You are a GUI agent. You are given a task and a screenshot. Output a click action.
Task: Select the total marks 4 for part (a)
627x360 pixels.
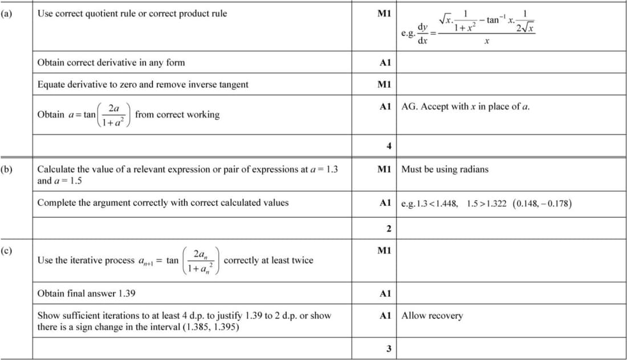click(389, 146)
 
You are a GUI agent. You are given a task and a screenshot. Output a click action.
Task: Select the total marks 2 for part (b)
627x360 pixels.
click(389, 228)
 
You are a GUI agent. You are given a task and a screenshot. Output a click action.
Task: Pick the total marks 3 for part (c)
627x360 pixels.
click(389, 349)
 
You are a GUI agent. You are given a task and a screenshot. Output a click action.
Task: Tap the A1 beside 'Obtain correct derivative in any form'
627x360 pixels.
click(385, 63)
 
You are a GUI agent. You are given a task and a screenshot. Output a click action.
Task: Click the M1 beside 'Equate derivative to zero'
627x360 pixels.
click(384, 84)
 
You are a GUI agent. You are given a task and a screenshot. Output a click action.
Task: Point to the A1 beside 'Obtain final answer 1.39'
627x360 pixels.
click(385, 294)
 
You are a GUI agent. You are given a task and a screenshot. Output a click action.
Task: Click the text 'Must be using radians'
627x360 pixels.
click(445, 169)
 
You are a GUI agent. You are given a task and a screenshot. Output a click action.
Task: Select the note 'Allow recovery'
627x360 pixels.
click(432, 316)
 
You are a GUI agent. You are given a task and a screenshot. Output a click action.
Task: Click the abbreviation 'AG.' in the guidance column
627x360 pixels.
click(409, 107)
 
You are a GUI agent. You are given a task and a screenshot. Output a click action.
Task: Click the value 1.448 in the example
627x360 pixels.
click(445, 203)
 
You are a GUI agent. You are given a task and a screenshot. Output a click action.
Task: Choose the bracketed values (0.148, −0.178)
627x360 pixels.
click(542, 203)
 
